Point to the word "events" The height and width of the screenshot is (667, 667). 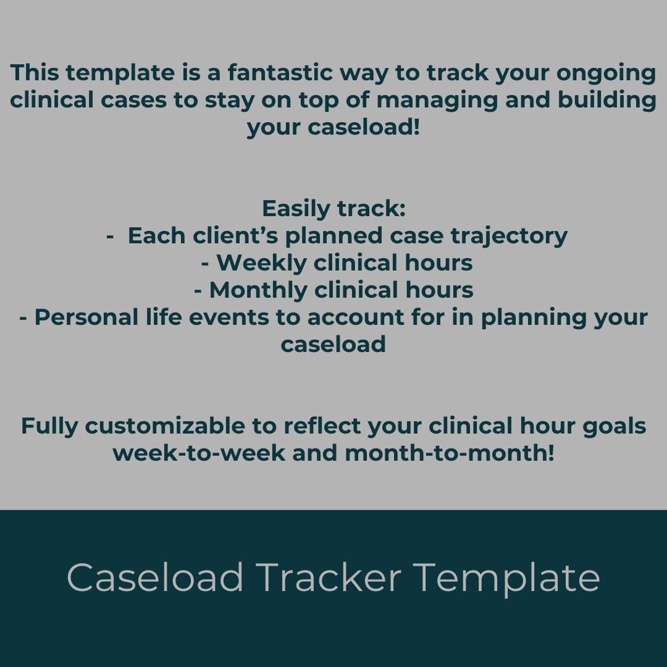click(x=260, y=317)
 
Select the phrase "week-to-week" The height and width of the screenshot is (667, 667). click(x=199, y=453)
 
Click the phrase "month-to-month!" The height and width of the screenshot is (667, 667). click(x=449, y=453)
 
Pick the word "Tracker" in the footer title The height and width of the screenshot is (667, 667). click(x=328, y=578)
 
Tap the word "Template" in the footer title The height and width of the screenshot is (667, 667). click(x=506, y=579)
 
